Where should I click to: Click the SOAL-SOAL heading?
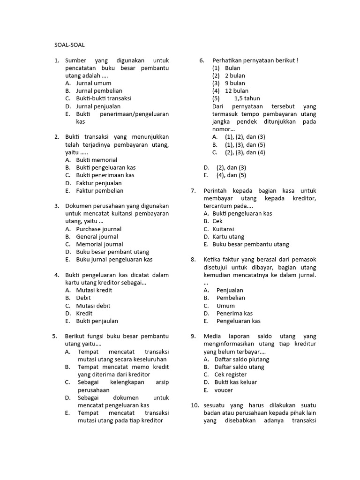click(x=70, y=45)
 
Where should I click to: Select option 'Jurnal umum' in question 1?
click(x=93, y=83)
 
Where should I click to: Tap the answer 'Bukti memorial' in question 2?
click(x=97, y=160)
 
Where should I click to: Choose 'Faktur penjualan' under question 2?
click(x=98, y=183)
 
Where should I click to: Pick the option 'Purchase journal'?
click(x=98, y=229)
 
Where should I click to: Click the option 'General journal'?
click(x=97, y=237)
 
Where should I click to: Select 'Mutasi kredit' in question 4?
click(x=94, y=290)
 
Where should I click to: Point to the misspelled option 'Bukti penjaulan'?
click(x=97, y=321)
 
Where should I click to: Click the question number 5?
click(x=54, y=336)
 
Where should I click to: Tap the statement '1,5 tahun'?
click(x=247, y=98)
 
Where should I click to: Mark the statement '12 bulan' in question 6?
click(x=237, y=90)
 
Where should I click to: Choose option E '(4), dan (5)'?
click(x=231, y=175)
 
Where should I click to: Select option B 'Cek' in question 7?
click(x=217, y=221)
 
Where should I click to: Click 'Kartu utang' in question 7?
click(x=228, y=237)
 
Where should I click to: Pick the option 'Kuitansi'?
click(x=224, y=229)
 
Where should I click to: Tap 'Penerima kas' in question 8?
click(x=234, y=313)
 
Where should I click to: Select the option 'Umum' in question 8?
click(x=225, y=305)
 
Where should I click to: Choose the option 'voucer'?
click(x=224, y=390)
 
